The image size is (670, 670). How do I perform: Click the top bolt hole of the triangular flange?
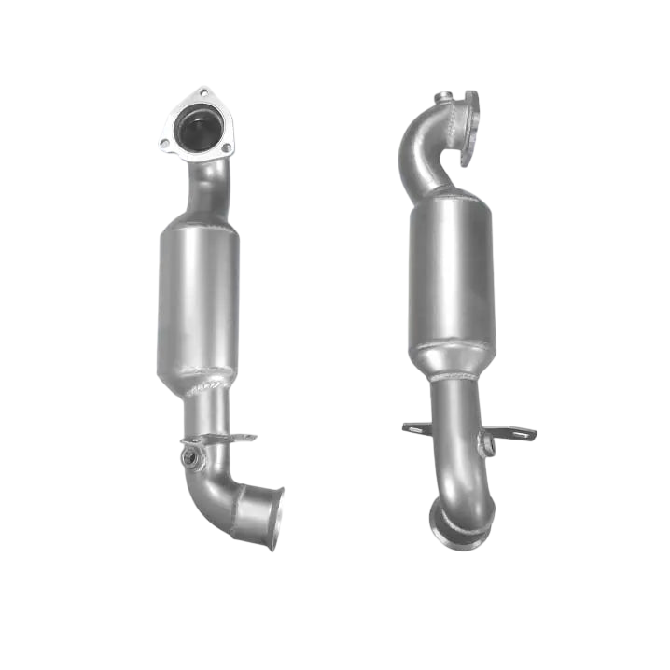pos(202,94)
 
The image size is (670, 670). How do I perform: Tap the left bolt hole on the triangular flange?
pos(165,145)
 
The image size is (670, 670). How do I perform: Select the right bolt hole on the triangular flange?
pos(225,147)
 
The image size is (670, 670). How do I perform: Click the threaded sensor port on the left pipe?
pos(190,458)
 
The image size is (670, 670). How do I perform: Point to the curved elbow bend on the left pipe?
pos(219,489)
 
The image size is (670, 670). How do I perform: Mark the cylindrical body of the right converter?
pos(451,271)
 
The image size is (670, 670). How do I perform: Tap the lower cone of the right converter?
pos(453,359)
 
